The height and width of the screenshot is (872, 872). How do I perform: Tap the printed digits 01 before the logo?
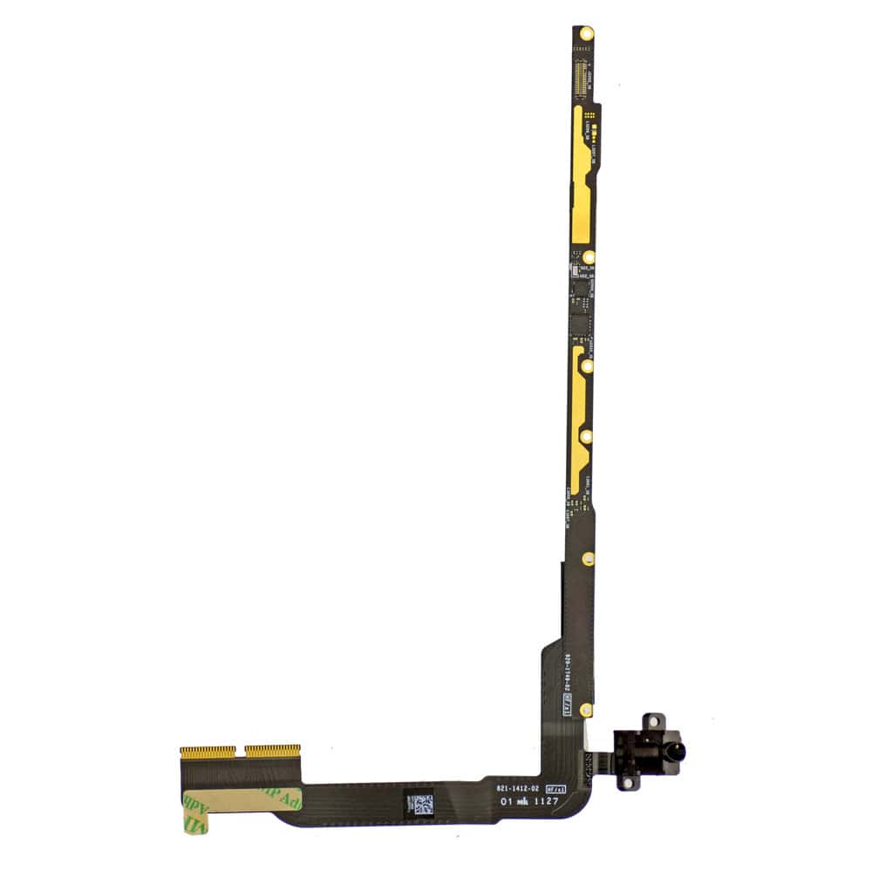pyautogui.click(x=504, y=800)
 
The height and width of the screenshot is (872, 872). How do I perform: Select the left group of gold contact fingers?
pyautogui.click(x=208, y=751)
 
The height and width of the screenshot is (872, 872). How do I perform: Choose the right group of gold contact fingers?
pyautogui.click(x=272, y=750)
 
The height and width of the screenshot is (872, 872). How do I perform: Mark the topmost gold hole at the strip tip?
pyautogui.click(x=586, y=33)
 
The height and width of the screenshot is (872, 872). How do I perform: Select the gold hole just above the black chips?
pyautogui.click(x=589, y=257)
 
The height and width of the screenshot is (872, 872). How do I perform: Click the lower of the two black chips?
pyautogui.click(x=579, y=324)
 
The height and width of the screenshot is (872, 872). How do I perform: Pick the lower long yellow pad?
pyautogui.click(x=579, y=419)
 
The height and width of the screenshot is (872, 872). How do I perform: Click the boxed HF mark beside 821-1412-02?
pyautogui.click(x=555, y=787)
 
